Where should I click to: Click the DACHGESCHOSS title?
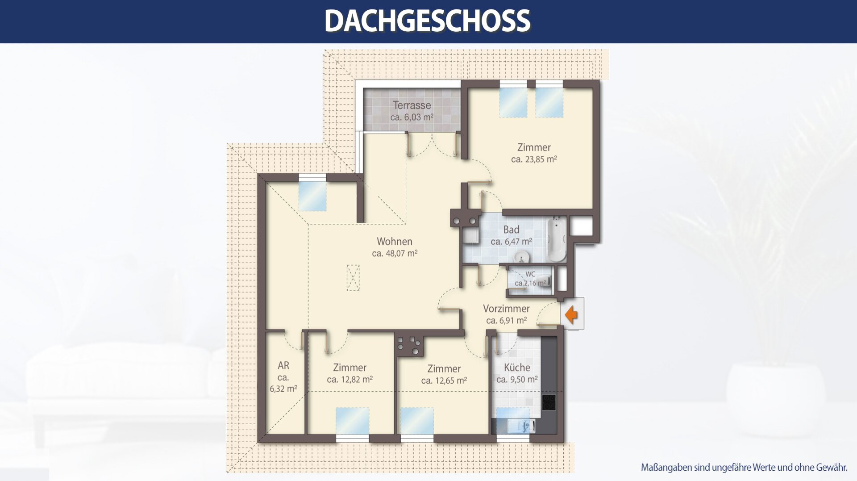[427, 21]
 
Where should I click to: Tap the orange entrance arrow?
[571, 314]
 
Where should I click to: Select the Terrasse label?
[412, 105]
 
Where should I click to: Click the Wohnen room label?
[395, 241]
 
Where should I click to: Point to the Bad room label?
[511, 230]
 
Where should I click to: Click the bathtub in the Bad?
[557, 239]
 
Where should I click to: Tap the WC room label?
[530, 274]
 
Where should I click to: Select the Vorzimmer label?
[506, 308]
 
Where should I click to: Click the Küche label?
[517, 367]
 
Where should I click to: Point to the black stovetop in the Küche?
[549, 402]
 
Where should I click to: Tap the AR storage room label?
[283, 365]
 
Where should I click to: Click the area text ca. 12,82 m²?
[349, 380]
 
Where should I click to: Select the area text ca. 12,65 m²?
[444, 381]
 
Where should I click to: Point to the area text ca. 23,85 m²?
[534, 159]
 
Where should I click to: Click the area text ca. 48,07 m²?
[395, 253]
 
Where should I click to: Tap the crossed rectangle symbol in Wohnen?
[353, 278]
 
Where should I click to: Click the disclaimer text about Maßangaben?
[744, 468]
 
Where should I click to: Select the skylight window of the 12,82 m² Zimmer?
[353, 421]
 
